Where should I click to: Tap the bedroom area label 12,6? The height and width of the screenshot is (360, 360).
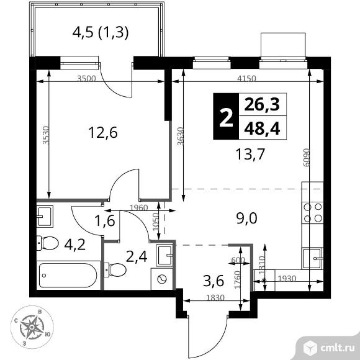click(x=103, y=133)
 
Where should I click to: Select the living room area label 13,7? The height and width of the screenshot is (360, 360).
click(x=251, y=154)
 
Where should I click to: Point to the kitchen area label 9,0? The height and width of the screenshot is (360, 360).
click(x=247, y=218)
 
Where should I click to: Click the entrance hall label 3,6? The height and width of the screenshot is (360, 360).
click(x=214, y=281)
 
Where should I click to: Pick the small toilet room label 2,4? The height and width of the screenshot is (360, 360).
click(x=137, y=257)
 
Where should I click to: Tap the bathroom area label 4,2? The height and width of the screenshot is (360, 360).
click(x=75, y=245)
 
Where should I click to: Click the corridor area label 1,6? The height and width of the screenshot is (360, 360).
click(x=105, y=221)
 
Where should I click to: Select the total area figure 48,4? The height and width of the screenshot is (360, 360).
click(x=262, y=128)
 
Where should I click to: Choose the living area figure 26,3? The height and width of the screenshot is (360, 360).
click(x=262, y=104)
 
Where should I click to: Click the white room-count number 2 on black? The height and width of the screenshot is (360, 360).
click(x=226, y=117)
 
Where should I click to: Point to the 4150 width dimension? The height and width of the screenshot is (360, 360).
click(x=246, y=79)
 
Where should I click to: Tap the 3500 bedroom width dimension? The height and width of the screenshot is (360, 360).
click(x=86, y=79)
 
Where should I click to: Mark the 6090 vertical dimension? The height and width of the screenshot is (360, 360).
click(x=307, y=158)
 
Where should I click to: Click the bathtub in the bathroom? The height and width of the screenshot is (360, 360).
click(x=68, y=276)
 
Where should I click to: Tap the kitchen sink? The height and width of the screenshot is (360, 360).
click(x=312, y=258)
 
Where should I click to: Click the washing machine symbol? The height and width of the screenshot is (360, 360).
click(x=162, y=279)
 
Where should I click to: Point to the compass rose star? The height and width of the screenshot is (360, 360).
click(x=32, y=326)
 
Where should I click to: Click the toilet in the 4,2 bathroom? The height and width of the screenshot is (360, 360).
click(x=48, y=243)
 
